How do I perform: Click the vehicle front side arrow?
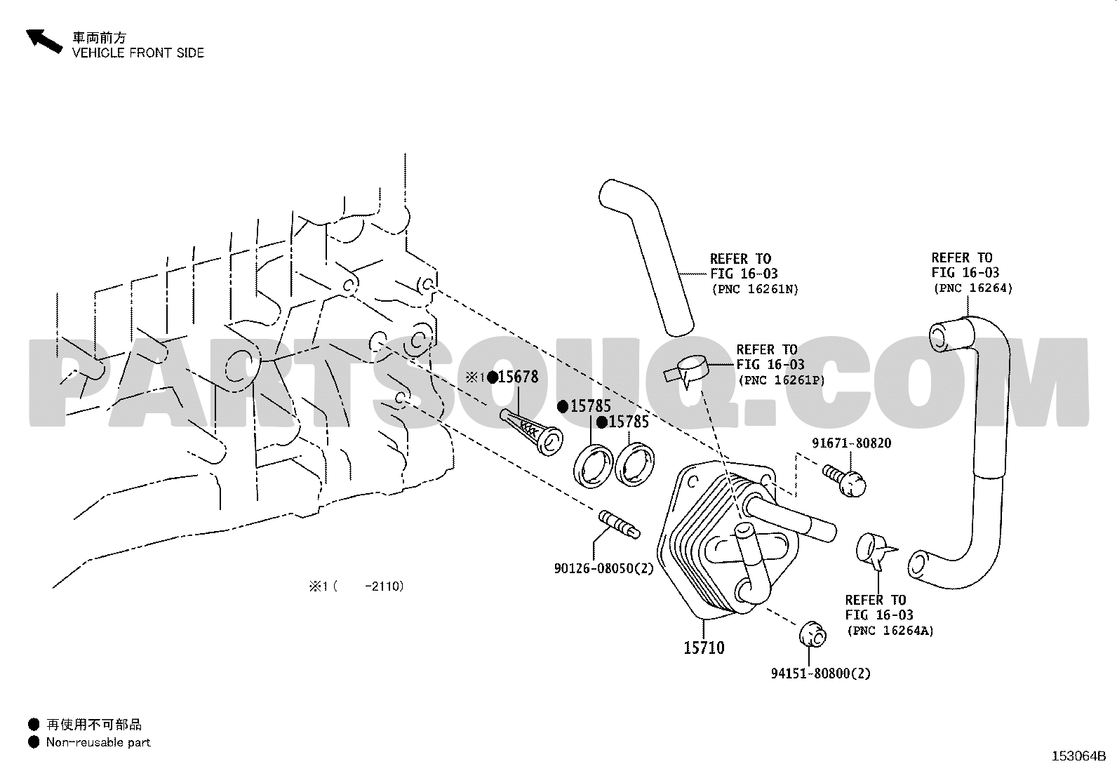44,41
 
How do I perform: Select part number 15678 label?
518,377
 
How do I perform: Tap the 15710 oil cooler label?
704,648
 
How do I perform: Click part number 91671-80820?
851,443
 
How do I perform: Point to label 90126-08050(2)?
603,568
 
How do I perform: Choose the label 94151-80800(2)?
821,673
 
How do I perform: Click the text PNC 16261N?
756,289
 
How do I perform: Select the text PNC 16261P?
782,380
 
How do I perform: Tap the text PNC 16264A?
890,631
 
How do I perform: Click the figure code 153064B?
1078,756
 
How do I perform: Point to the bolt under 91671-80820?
844,481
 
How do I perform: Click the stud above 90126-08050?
619,524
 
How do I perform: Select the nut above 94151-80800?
812,634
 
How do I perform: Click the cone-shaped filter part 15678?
532,432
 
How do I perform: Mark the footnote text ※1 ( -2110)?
356,586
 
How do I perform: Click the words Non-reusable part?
98,742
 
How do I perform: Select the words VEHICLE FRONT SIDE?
138,53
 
